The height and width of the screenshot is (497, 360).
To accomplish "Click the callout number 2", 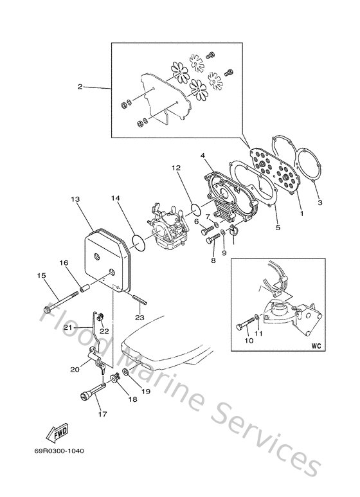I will click(x=80, y=87).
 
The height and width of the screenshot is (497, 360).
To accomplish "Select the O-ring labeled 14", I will click(x=138, y=242).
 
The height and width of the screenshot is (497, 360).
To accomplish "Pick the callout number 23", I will click(x=138, y=317).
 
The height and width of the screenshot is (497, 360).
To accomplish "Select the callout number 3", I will click(x=319, y=203).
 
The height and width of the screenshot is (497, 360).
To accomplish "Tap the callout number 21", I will click(x=66, y=328).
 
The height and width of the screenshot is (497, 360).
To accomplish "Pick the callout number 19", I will click(x=145, y=390).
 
